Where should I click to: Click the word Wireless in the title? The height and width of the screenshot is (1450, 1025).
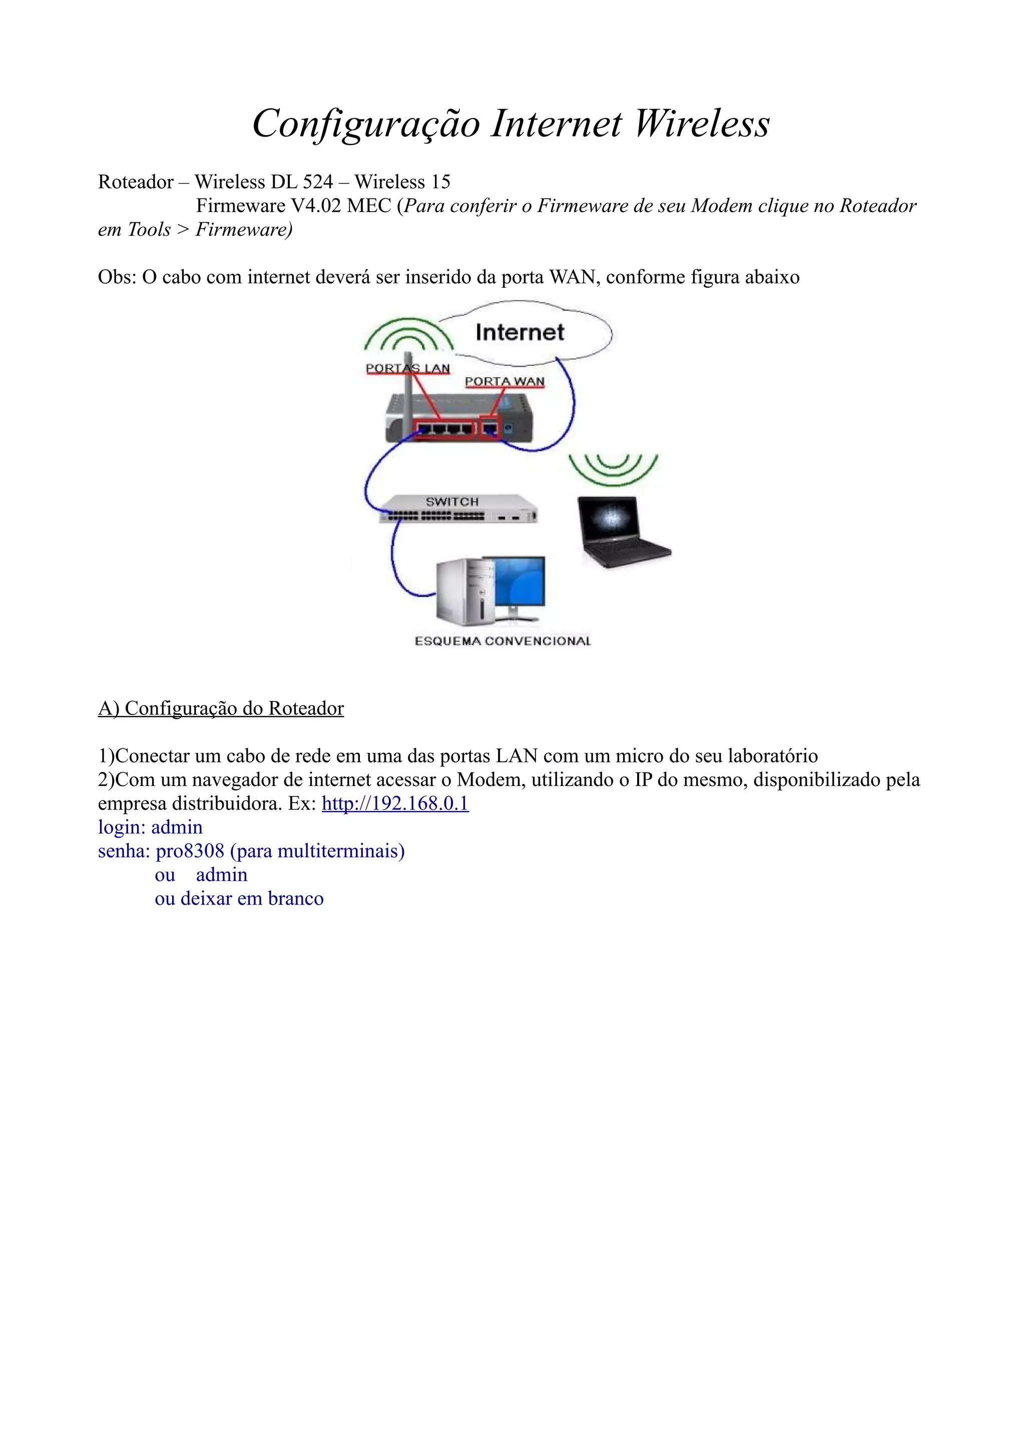pos(702,123)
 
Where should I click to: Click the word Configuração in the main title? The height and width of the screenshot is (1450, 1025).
pos(366,123)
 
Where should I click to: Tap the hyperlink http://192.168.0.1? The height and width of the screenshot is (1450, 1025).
pos(395,804)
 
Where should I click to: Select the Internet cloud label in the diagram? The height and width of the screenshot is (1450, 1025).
pos(519,332)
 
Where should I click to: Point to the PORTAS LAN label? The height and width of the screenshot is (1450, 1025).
pos(407,368)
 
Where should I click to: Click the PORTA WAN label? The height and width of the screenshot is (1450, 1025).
pos(504,381)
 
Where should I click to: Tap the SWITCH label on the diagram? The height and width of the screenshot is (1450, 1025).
pos(451,501)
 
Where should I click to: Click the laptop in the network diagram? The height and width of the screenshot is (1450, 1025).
pos(622,530)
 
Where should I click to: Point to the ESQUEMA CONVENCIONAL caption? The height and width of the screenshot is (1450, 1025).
pos(502,641)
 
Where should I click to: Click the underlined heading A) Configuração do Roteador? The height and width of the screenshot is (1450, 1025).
pos(221,708)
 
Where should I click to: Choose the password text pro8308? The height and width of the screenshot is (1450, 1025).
pos(190,851)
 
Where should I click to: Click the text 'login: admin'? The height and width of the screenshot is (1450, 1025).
pos(150,827)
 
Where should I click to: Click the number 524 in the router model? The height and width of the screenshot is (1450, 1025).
pos(318,182)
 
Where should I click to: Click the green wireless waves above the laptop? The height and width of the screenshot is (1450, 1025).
pos(613,469)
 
